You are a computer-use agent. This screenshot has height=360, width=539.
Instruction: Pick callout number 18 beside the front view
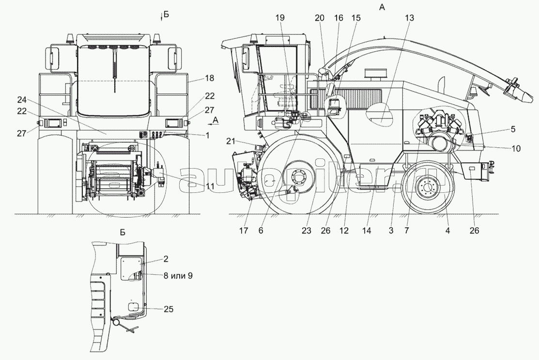click(196, 78)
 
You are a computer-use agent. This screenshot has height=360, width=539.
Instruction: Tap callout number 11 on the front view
click(209, 186)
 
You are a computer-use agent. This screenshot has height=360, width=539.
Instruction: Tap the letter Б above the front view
click(166, 15)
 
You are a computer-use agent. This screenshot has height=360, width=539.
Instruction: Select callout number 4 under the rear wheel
click(448, 231)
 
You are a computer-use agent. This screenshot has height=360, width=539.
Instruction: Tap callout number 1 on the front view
click(207, 136)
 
